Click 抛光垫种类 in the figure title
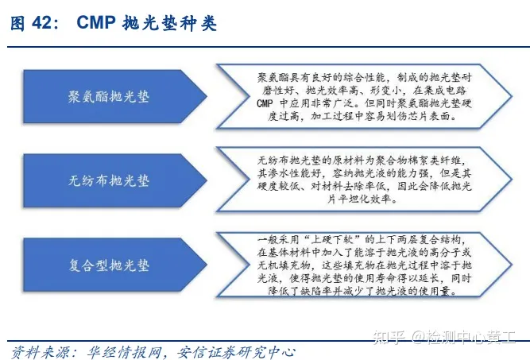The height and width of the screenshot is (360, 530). (x=169, y=24)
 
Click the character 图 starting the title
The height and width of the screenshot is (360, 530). (x=17, y=24)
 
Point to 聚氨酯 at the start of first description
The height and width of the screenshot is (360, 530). (x=273, y=76)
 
